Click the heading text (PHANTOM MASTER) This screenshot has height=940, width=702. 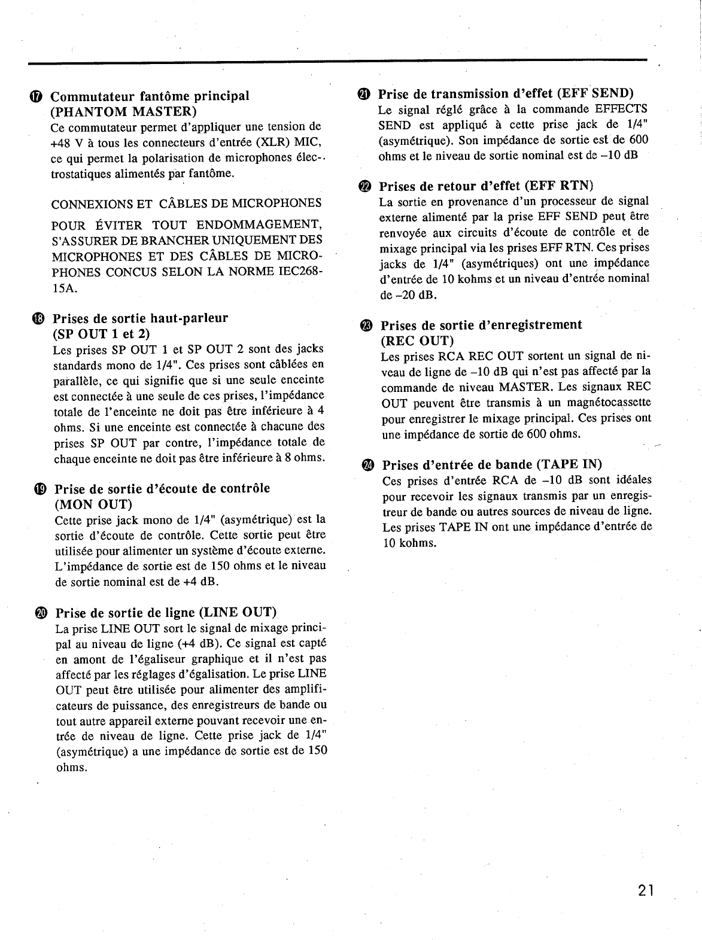123,112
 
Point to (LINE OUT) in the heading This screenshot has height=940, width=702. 238,613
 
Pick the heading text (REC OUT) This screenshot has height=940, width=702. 417,340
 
